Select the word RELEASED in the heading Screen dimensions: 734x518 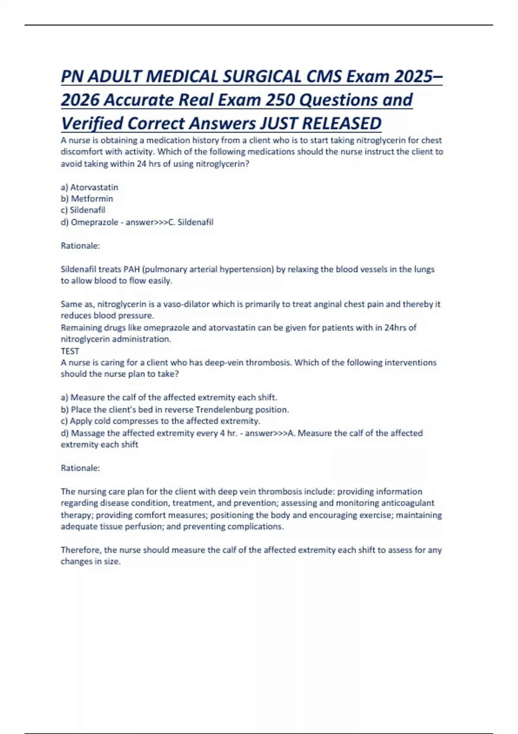pyautogui.click(x=341, y=123)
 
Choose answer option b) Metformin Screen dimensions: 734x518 pyautogui.click(x=87, y=199)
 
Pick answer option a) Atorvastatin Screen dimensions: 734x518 pyautogui.click(x=89, y=187)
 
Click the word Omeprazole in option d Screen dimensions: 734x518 pyautogui.click(x=95, y=222)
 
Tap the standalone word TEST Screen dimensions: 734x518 pyautogui.click(x=70, y=351)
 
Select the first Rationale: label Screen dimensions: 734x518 pyautogui.click(x=80, y=246)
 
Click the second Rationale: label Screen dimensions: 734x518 pyautogui.click(x=80, y=468)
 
